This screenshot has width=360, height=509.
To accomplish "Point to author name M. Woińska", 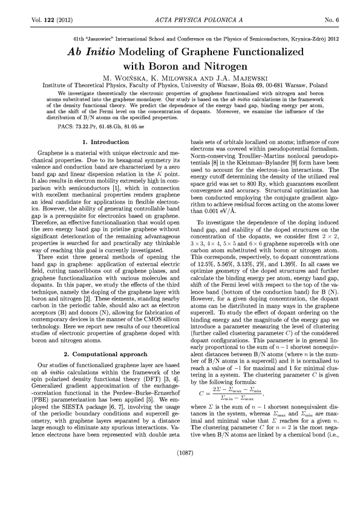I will (x=129, y=78).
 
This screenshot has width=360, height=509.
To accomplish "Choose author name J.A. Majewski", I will (x=233, y=78).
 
